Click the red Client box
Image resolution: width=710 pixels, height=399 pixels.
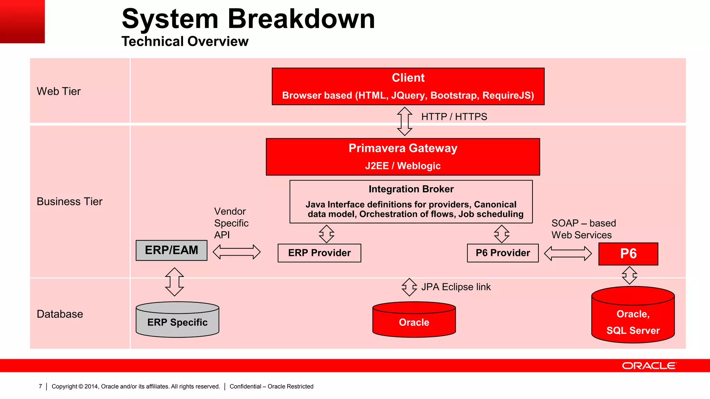[408, 86]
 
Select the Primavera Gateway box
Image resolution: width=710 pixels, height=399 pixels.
[403, 157]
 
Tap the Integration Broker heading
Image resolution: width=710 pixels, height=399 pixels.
[411, 189]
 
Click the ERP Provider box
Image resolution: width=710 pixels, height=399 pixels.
[319, 253]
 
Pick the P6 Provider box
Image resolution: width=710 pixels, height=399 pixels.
[503, 253]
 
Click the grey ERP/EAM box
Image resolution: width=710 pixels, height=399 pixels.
[172, 250]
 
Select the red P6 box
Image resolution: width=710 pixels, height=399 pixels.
[628, 254]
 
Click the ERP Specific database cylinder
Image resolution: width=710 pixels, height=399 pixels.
[177, 320]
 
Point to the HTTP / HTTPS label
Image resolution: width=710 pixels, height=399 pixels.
[454, 117]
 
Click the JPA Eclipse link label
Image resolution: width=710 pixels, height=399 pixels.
[456, 287]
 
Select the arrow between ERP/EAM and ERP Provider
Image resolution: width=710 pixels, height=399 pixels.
[236, 252]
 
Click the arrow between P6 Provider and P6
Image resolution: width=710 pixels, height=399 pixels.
[568, 254]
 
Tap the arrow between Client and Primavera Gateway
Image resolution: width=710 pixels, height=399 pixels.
[405, 121]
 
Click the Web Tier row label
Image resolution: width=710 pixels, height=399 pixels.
[59, 91]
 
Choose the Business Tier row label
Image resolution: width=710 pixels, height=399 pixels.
[70, 201]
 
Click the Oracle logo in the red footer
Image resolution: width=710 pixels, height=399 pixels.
[649, 366]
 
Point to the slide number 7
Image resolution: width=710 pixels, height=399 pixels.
[40, 386]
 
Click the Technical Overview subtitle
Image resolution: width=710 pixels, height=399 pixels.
[185, 41]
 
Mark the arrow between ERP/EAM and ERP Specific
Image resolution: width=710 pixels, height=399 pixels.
[174, 282]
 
